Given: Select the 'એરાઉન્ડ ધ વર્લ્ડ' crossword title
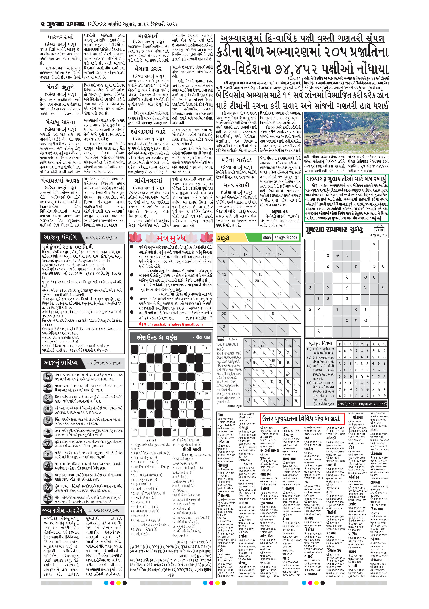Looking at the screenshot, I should coord(157,337).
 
